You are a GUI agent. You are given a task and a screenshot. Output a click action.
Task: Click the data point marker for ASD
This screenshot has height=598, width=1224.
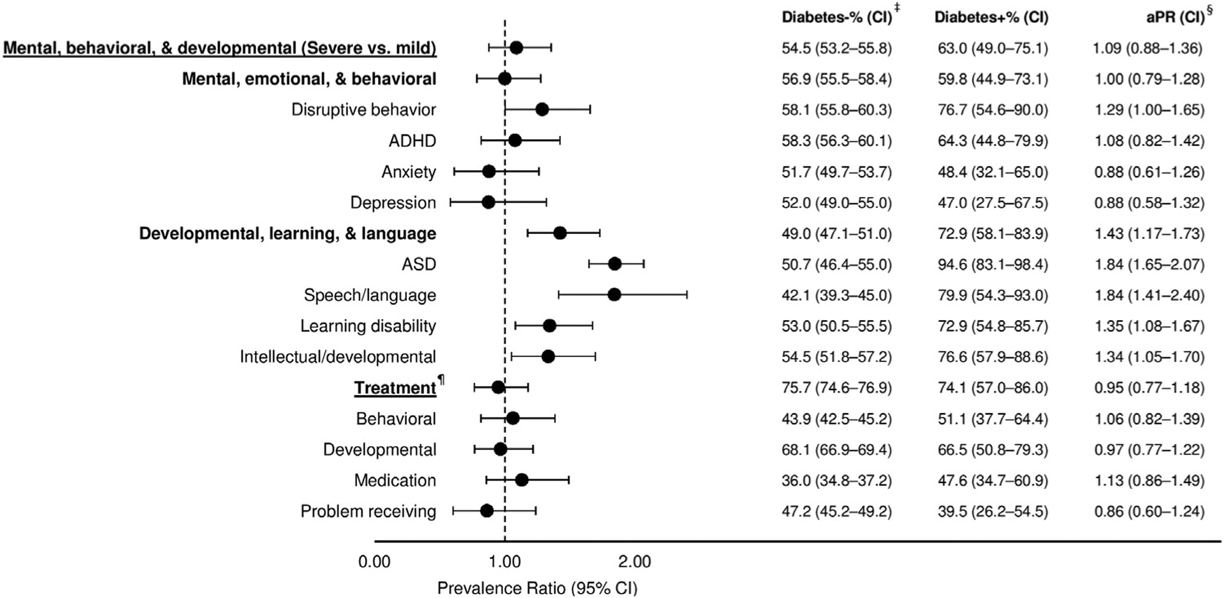click(x=615, y=264)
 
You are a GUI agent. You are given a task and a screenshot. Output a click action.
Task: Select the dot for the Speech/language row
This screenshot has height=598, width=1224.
click(x=614, y=295)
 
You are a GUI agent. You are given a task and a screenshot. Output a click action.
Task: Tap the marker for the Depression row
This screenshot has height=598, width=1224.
click(x=488, y=202)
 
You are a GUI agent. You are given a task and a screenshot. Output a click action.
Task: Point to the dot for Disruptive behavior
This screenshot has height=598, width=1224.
click(x=542, y=110)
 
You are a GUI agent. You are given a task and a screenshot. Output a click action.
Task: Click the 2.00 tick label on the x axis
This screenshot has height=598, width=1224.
click(x=634, y=562)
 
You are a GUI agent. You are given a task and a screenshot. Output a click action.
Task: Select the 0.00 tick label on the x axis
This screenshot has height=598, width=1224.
click(x=374, y=562)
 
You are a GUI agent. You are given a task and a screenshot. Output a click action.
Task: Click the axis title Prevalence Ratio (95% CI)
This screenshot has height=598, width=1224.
click(x=537, y=588)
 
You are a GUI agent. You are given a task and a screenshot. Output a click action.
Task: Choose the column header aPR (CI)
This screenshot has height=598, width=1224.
click(x=1175, y=17)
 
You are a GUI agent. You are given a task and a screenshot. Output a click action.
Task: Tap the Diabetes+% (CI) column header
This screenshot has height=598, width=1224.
click(x=991, y=17)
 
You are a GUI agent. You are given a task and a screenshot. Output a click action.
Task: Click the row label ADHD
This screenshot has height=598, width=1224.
click(x=412, y=140)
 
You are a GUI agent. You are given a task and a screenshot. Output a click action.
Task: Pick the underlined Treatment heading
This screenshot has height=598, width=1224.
click(x=395, y=388)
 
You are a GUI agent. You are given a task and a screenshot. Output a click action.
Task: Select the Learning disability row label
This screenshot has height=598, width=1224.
click(x=368, y=326)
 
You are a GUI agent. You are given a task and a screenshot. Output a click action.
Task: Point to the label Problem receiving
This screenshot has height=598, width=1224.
click(x=368, y=511)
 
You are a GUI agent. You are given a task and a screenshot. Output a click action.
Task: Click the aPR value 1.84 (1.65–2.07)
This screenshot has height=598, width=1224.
click(x=1149, y=264)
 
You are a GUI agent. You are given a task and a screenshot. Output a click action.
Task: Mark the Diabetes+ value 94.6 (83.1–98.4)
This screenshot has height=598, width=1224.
click(x=992, y=264)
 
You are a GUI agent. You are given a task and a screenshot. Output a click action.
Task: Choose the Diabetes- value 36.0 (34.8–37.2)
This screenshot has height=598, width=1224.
click(x=836, y=480)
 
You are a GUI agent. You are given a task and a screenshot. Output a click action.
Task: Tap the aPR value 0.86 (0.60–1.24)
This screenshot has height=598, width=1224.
click(x=1149, y=511)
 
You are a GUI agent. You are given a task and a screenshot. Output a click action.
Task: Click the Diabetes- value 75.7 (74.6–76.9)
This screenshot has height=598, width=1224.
click(x=836, y=388)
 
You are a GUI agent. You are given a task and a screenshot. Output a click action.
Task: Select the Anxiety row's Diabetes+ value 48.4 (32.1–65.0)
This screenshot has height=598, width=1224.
click(x=992, y=171)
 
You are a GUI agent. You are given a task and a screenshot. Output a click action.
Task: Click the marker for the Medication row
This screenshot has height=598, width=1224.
click(x=521, y=480)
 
